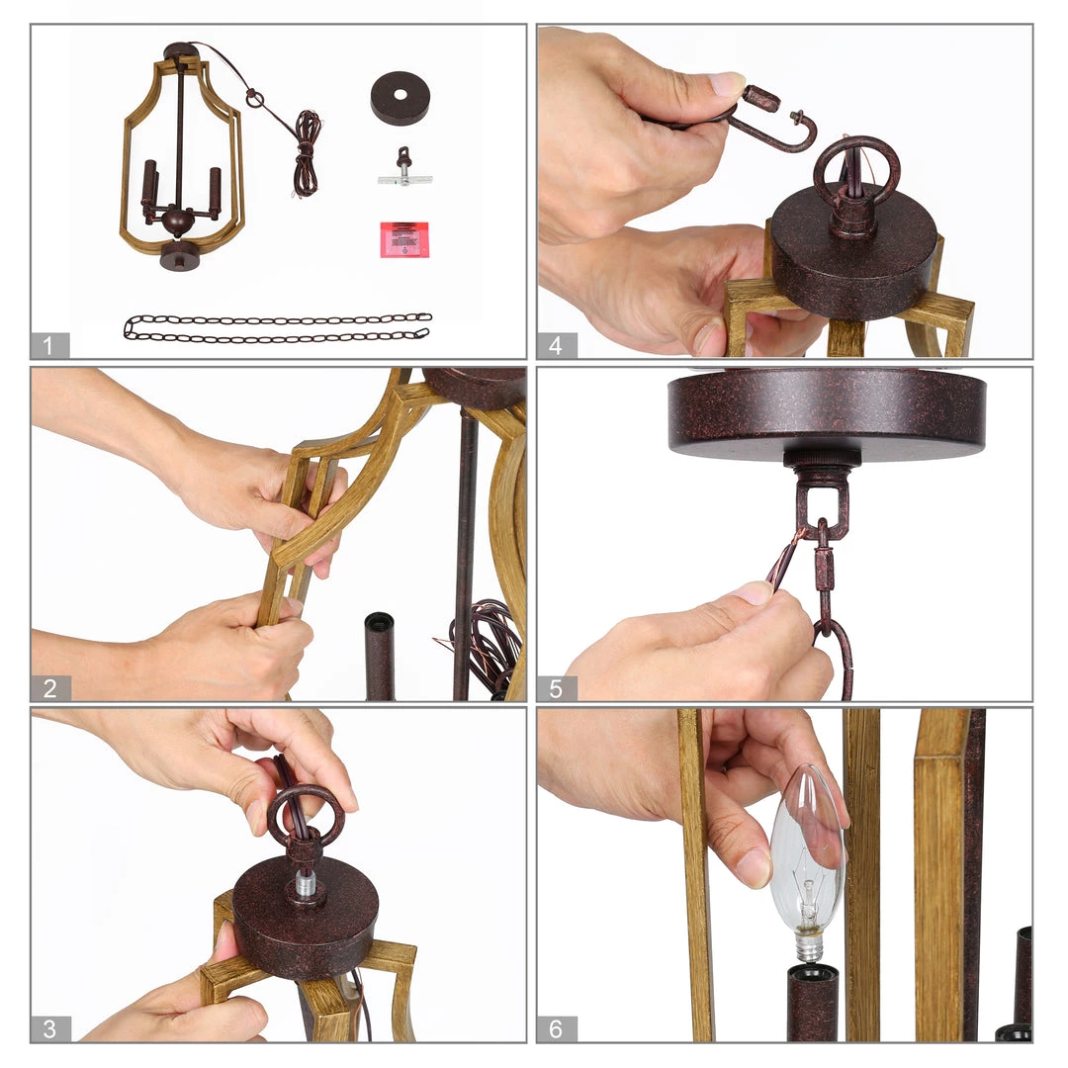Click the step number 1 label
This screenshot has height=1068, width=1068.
coord(49,345)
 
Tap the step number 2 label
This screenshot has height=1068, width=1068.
coord(49,688)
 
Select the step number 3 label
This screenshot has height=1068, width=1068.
coord(49,1028)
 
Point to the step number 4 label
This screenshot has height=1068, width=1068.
coord(557,345)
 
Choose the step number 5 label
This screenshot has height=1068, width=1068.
coord(557,688)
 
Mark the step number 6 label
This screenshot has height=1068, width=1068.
coord(557,1028)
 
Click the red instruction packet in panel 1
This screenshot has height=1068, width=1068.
coord(404,239)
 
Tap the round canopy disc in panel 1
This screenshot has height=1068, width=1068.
coord(400,98)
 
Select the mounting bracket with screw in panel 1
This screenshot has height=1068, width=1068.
coord(405,169)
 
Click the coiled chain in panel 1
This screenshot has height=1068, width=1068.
coord(277,327)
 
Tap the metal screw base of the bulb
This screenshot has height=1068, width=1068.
coord(809,946)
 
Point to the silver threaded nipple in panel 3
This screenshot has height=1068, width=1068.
coord(306,887)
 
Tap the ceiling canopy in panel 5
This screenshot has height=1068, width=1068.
coord(827,412)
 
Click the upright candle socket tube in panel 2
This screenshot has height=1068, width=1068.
coord(380,656)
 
